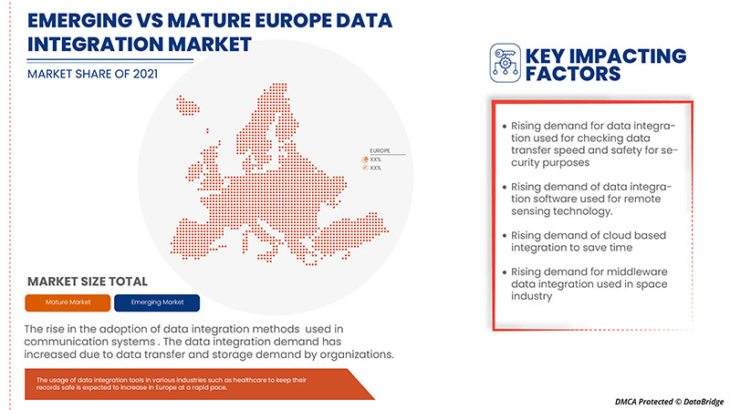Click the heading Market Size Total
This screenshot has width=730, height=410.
(88, 282)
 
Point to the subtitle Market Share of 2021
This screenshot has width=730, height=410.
(90, 73)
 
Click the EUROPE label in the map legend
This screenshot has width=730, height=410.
(381, 149)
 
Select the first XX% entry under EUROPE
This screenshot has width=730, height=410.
(374, 159)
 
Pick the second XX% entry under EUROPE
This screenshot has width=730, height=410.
(374, 169)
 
